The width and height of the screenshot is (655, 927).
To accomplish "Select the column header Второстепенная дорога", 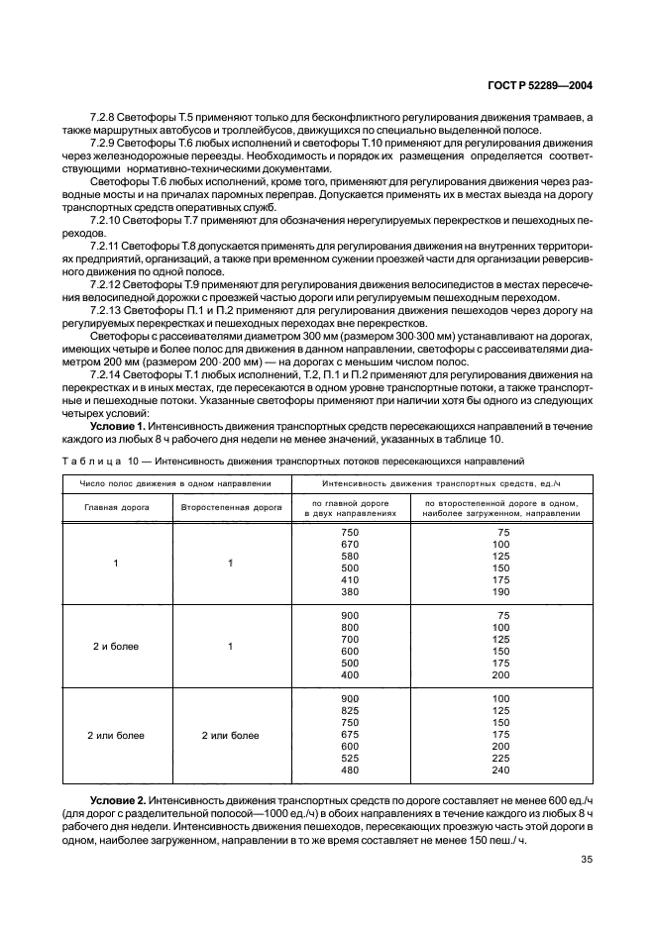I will (231, 505).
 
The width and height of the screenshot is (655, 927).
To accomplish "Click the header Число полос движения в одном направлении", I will (172, 483).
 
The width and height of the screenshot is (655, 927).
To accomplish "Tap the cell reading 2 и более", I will (115, 647).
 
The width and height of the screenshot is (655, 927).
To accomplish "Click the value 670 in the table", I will (350, 545).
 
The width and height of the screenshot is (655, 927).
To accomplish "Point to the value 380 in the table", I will (350, 592).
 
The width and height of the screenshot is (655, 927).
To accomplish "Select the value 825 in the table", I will (350, 711).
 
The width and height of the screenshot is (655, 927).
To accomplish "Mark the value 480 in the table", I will (350, 771).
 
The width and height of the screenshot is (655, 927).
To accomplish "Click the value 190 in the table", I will (500, 592).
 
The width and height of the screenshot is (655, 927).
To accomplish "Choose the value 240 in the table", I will (500, 771).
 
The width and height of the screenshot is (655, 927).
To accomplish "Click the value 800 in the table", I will (350, 628).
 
